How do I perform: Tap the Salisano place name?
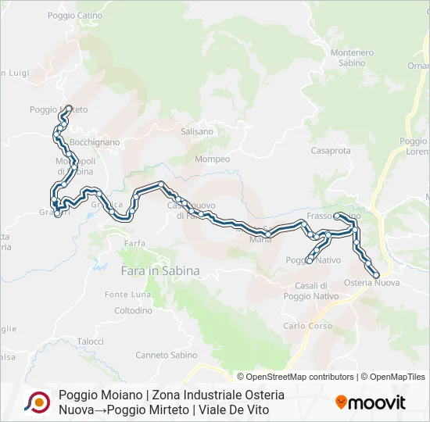[x=197, y=132]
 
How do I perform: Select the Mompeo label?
[x=213, y=159]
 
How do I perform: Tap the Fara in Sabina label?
[x=160, y=270]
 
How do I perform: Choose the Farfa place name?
[x=134, y=243]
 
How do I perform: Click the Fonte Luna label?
[x=128, y=295]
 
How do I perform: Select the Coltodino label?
[x=133, y=310]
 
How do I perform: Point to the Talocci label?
[x=91, y=342]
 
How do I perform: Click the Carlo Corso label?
[x=307, y=326]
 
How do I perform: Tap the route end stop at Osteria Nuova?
[x=377, y=275]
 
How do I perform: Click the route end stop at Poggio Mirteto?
[x=69, y=108]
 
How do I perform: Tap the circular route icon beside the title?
[x=37, y=402]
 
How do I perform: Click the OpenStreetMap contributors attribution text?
[x=296, y=377]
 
